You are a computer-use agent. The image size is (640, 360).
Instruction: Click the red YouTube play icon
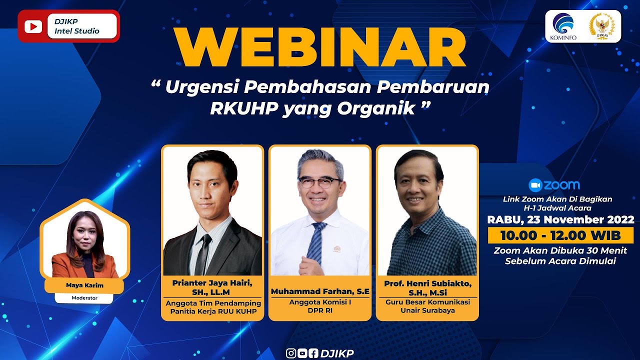(33, 26)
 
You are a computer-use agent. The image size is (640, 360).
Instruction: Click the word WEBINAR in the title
(320, 47)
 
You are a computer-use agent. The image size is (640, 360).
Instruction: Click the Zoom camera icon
(535, 185)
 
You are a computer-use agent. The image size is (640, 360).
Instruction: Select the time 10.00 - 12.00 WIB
(560, 235)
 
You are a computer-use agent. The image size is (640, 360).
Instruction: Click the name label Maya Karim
(84, 285)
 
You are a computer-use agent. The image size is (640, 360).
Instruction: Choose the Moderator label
(84, 297)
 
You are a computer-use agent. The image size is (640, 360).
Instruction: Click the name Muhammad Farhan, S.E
(320, 291)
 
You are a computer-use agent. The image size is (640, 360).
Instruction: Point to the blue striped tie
(316, 243)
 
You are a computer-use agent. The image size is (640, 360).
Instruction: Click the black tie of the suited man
(203, 254)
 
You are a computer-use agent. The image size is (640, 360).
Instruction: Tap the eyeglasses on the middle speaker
(319, 182)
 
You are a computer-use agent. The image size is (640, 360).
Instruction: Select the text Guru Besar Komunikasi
(427, 302)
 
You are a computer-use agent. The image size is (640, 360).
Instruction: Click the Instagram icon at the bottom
(291, 353)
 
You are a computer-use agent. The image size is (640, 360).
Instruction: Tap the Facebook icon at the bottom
(313, 353)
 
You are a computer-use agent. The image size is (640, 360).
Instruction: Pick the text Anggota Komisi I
(320, 302)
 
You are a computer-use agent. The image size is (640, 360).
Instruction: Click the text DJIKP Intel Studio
(77, 26)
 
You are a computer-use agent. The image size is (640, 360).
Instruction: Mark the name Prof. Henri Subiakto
(427, 283)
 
